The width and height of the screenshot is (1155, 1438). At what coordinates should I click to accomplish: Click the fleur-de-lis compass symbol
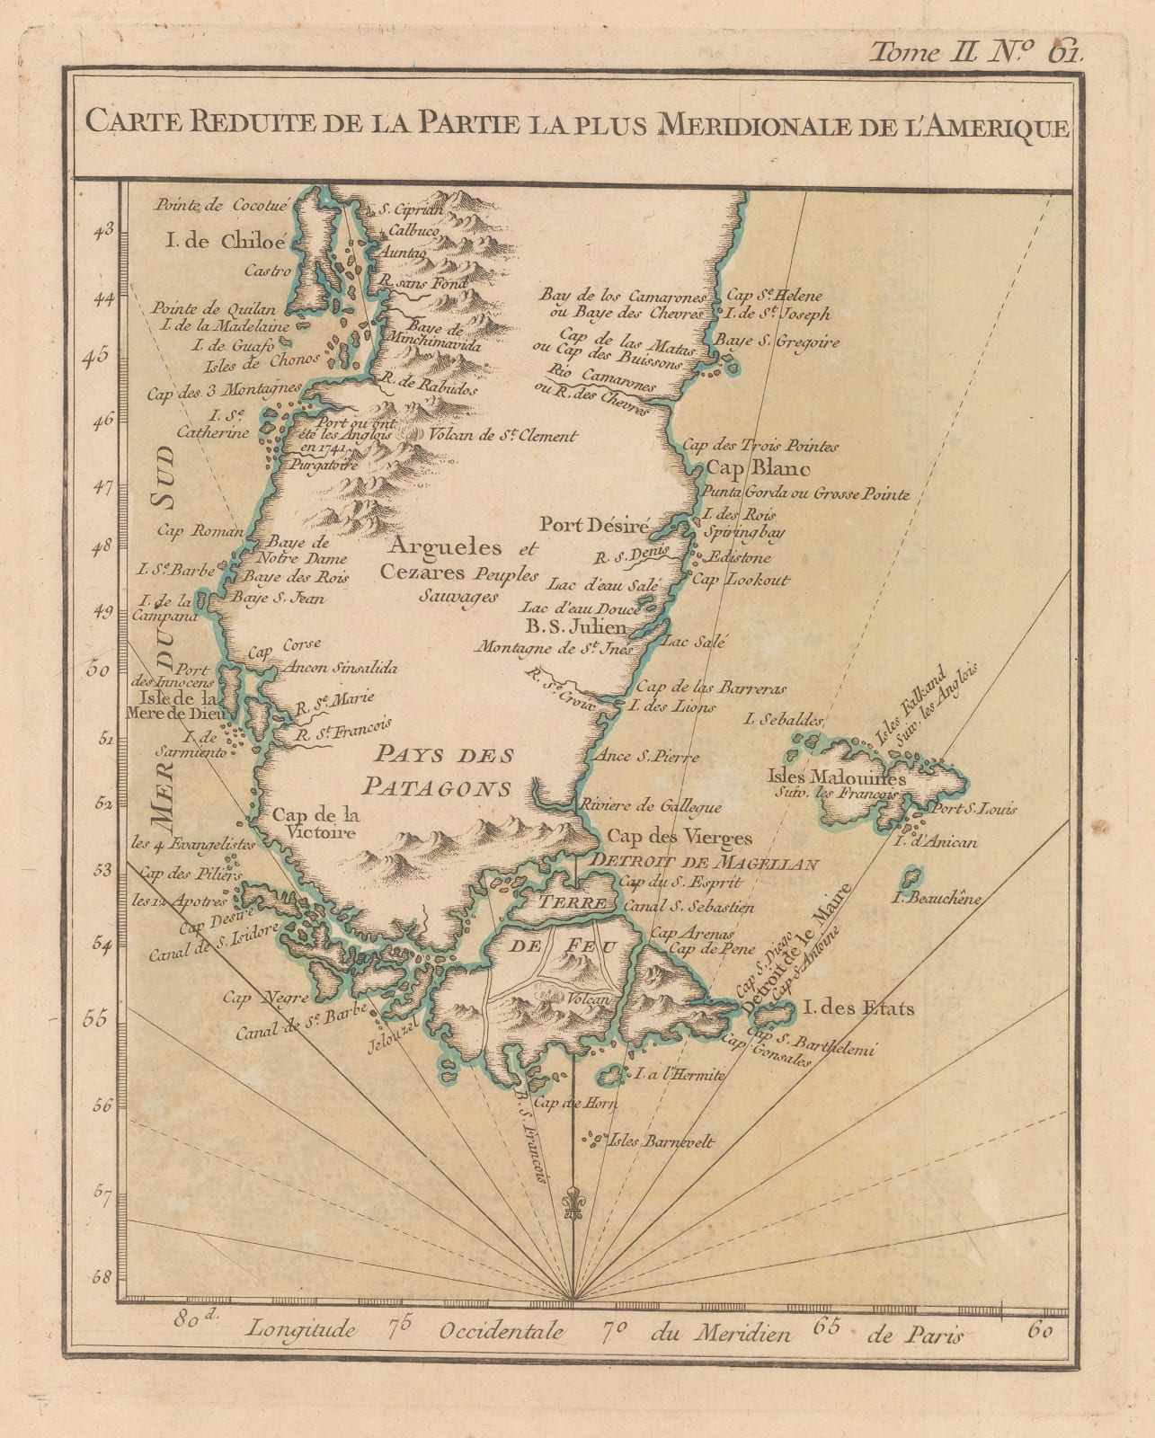click(573, 1200)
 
